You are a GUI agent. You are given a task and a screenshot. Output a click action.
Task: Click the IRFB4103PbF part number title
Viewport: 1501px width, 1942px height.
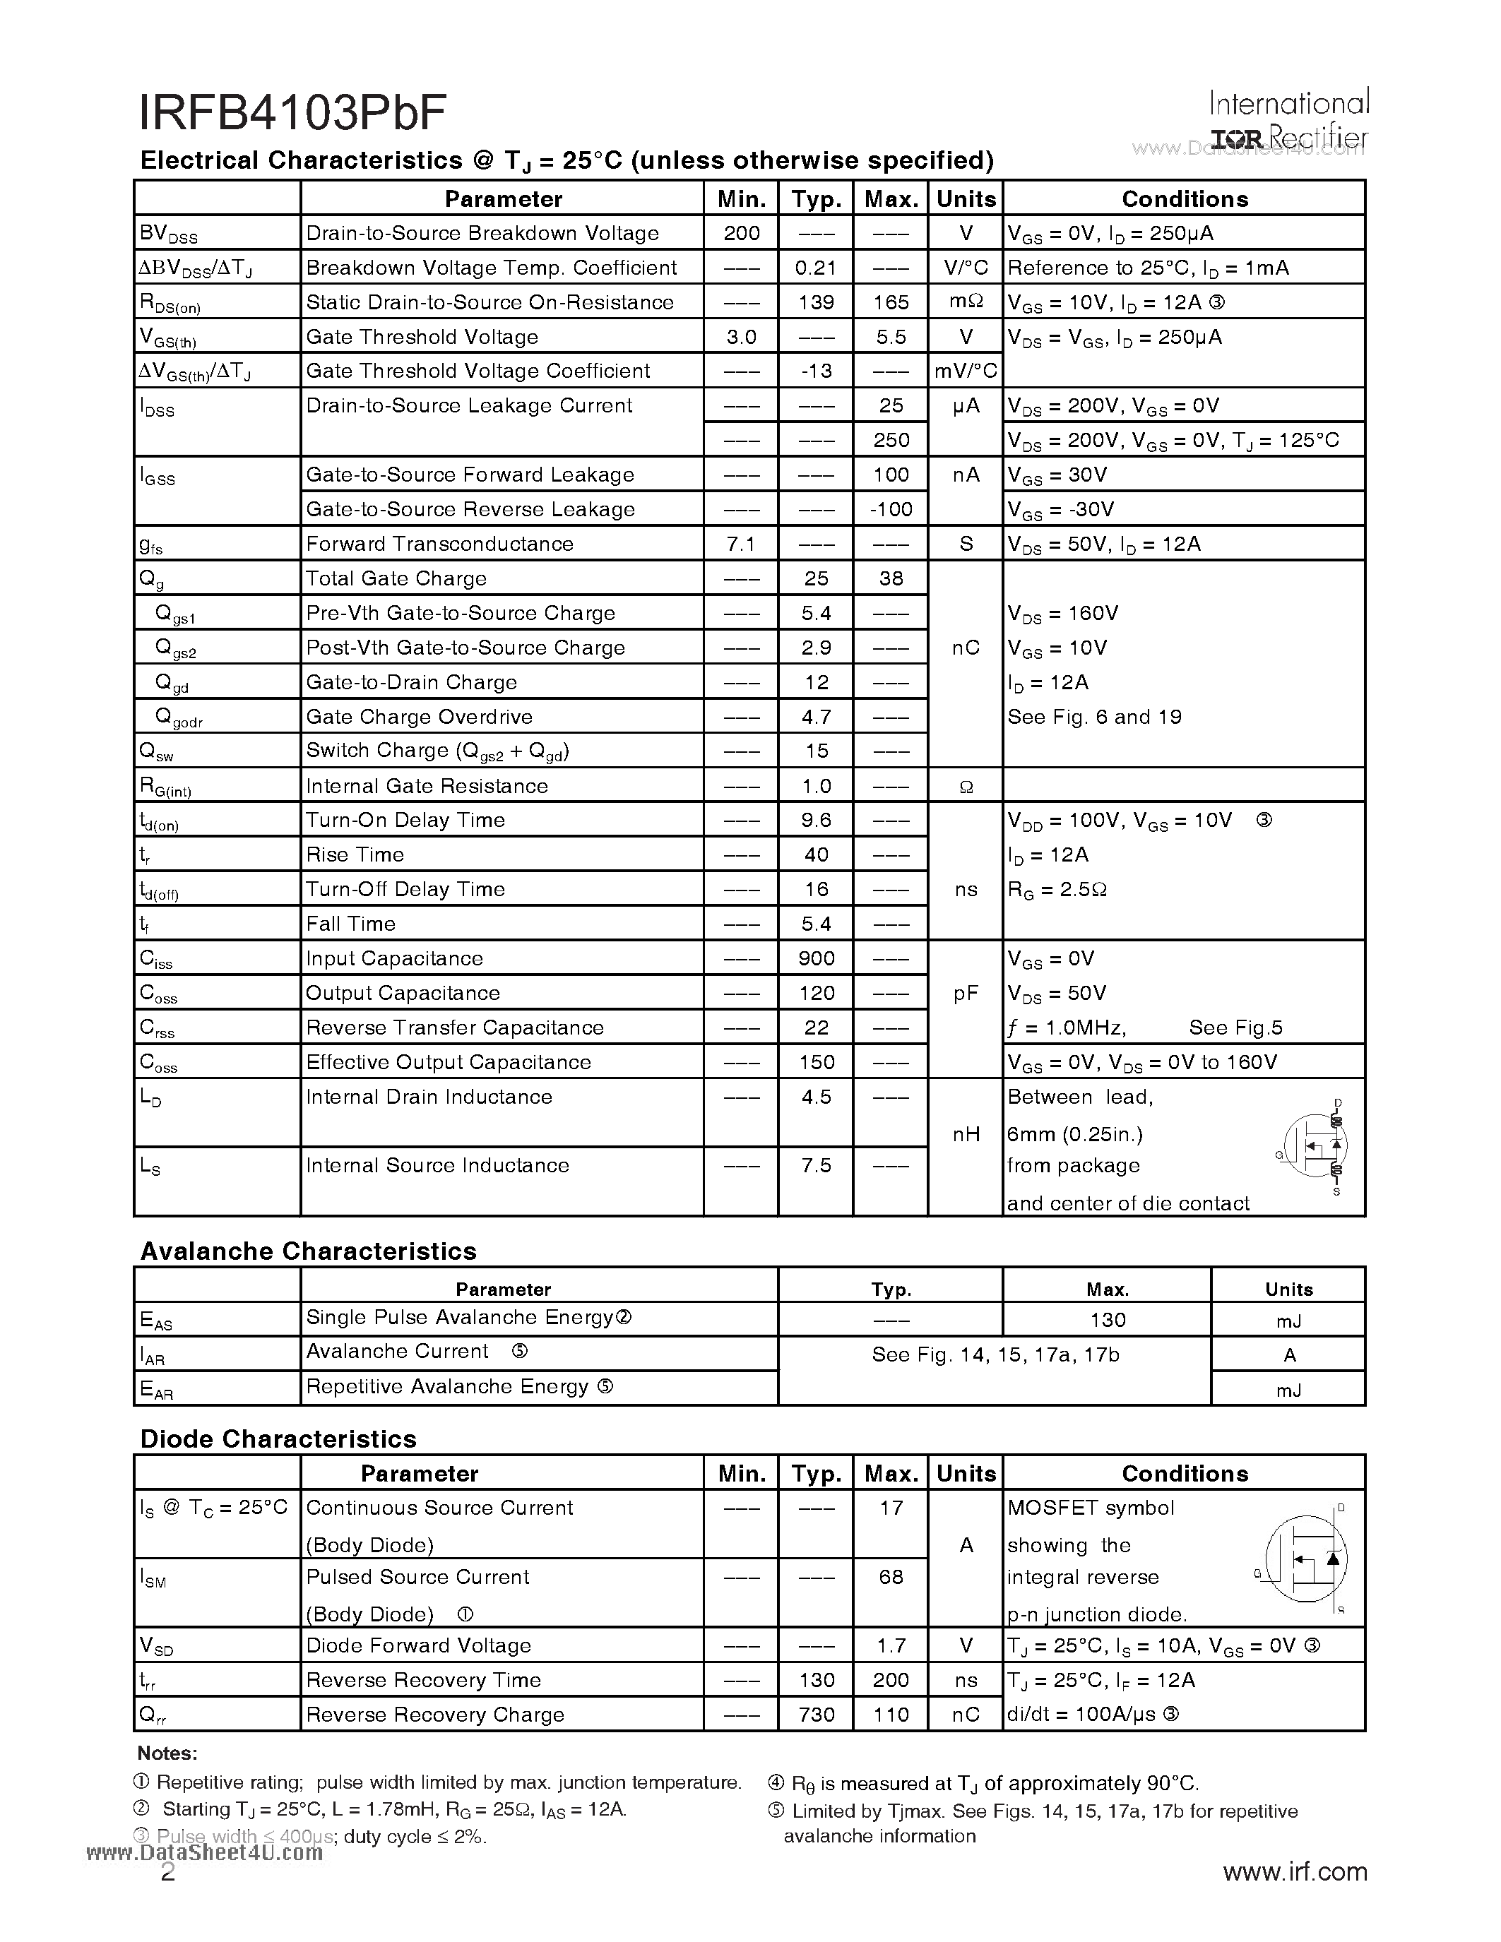tap(292, 114)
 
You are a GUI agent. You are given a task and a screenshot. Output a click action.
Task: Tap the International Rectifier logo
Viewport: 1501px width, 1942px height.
tap(1288, 120)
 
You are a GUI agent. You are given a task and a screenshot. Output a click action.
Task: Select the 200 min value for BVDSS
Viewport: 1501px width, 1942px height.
tap(741, 233)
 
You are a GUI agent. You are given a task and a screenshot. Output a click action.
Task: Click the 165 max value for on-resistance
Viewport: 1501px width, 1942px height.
tap(890, 302)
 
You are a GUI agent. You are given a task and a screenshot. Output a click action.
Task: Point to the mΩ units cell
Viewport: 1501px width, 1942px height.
tap(966, 302)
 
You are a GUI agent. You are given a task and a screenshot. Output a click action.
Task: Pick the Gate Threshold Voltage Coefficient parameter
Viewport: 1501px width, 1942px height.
tap(477, 371)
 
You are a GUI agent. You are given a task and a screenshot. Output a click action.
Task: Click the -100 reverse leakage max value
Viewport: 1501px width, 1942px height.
tap(890, 509)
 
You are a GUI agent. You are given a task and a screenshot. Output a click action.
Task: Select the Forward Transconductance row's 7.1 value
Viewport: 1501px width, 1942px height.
tap(741, 544)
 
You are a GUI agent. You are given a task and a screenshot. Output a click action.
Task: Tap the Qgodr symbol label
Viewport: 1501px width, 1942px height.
tap(179, 717)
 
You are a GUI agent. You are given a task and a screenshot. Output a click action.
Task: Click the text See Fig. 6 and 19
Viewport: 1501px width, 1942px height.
tap(1093, 717)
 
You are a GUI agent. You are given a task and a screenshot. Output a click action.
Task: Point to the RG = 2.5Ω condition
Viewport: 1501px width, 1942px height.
tap(1057, 889)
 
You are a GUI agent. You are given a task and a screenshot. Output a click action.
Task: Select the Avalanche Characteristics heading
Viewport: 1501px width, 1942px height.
tap(308, 1251)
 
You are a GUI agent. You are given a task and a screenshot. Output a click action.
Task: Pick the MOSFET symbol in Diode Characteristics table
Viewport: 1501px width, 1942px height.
tap(1305, 1559)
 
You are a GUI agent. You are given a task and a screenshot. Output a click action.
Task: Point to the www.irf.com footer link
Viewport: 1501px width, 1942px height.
tap(1295, 1872)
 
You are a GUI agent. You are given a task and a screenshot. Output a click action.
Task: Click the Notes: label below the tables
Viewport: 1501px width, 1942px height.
tap(167, 1753)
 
